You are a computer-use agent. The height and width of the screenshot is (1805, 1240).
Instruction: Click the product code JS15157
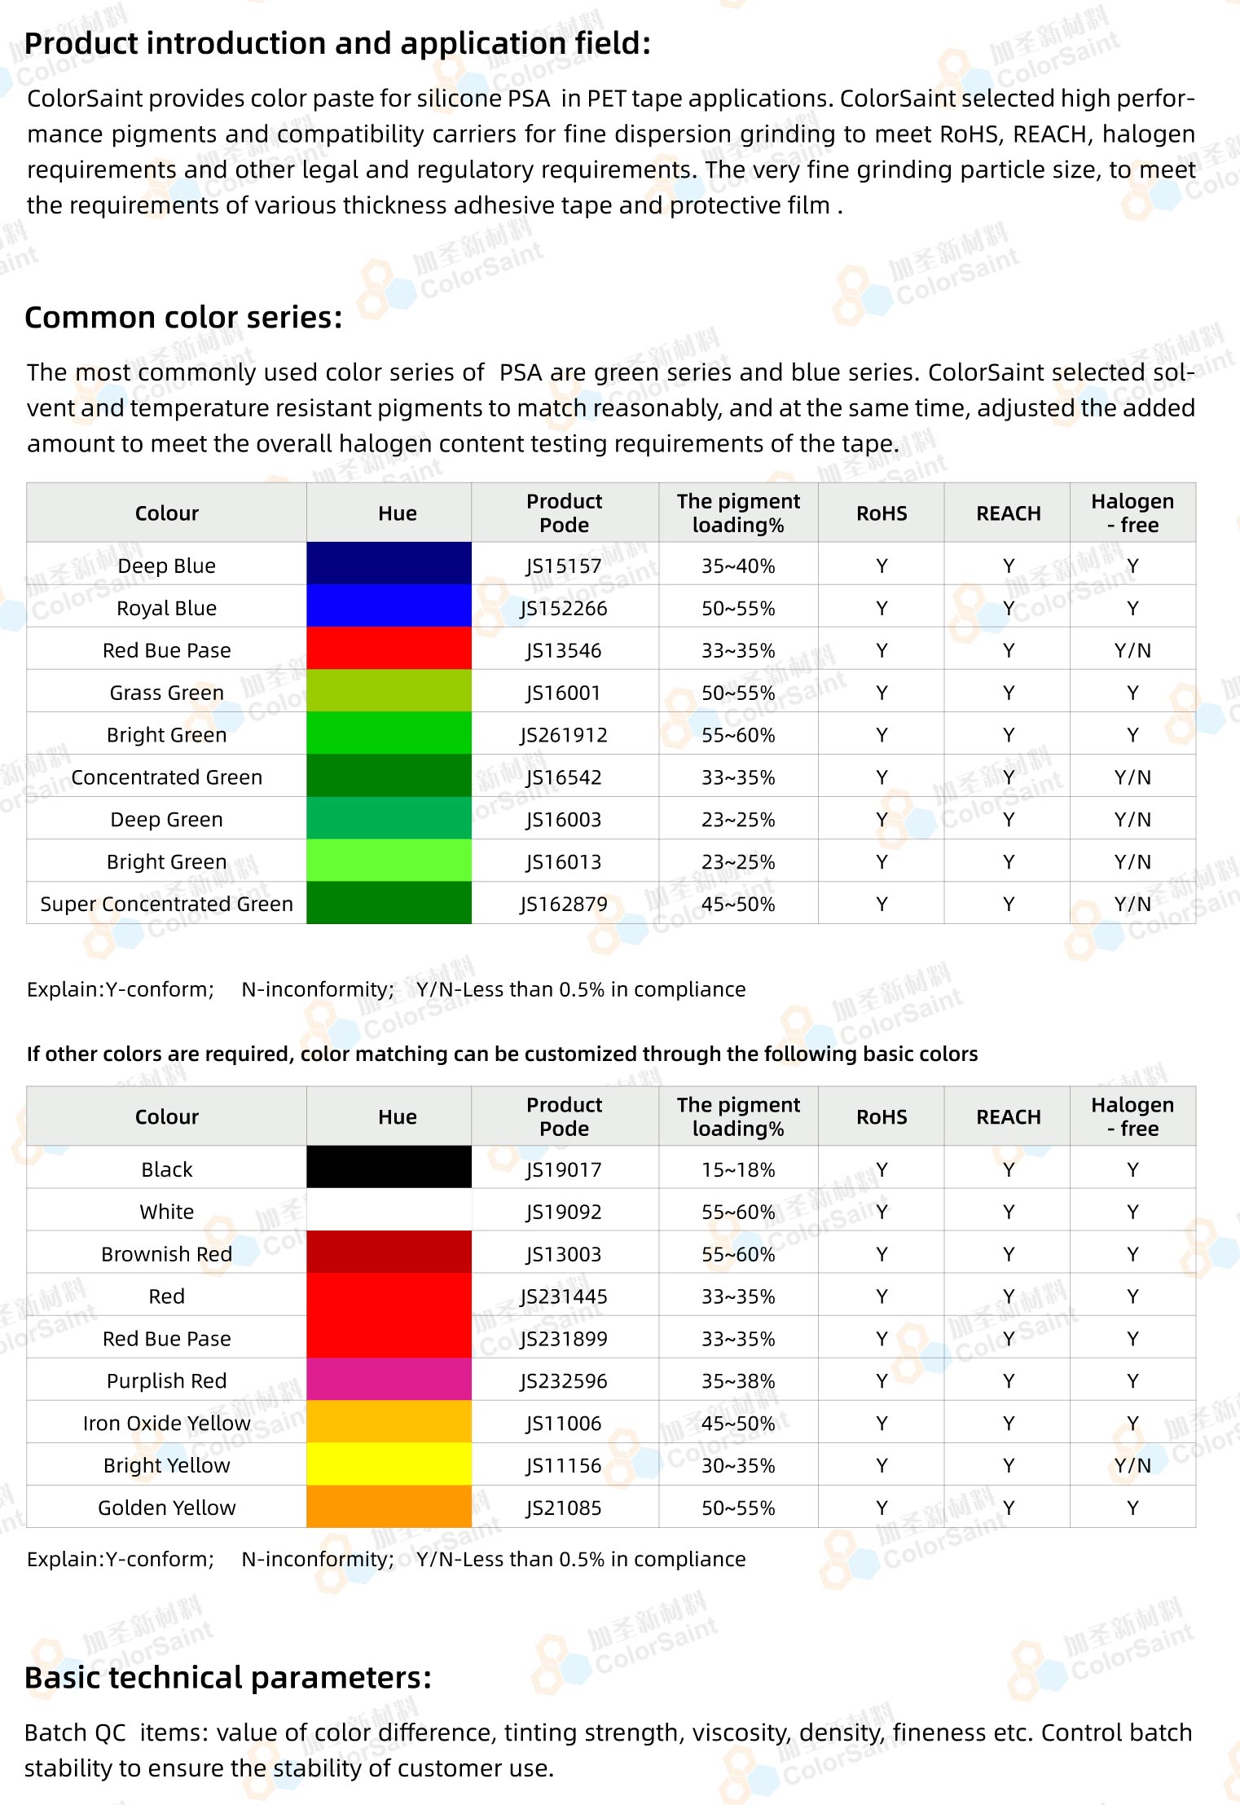pyautogui.click(x=564, y=566)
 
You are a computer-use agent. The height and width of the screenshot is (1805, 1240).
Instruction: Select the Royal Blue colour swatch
pyautogui.click(x=389, y=605)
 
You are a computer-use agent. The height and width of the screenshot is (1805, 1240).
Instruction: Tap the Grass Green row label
pyautogui.click(x=167, y=693)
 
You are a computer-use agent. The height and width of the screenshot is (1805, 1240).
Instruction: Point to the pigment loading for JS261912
pyautogui.click(x=738, y=735)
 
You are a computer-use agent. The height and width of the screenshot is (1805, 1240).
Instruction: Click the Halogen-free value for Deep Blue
pyautogui.click(x=1132, y=566)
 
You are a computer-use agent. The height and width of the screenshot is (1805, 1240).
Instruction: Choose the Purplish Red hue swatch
pyautogui.click(x=389, y=1379)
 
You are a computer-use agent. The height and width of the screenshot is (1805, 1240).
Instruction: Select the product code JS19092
pyautogui.click(x=564, y=1212)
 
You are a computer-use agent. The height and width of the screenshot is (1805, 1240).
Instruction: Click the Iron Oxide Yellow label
pyautogui.click(x=167, y=1423)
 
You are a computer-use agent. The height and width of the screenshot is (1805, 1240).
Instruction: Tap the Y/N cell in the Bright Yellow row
pyautogui.click(x=1132, y=1465)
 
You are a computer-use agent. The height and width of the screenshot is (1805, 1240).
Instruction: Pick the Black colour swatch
pyautogui.click(x=389, y=1167)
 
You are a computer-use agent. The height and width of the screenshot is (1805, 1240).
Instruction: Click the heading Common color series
pyautogui.click(x=184, y=317)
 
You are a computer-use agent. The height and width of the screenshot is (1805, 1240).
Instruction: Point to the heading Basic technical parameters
pyautogui.click(x=228, y=1678)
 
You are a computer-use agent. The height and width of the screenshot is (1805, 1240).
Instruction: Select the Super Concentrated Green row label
pyautogui.click(x=167, y=904)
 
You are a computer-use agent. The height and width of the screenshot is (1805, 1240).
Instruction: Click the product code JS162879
pyautogui.click(x=564, y=904)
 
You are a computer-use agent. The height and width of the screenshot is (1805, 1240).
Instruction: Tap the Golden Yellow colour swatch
pyautogui.click(x=389, y=1506)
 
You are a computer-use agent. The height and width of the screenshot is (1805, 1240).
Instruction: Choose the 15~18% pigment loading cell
pyautogui.click(x=738, y=1169)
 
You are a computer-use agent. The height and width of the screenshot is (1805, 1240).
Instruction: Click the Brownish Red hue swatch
pyautogui.click(x=389, y=1252)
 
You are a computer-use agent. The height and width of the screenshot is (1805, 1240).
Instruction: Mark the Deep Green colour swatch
pyautogui.click(x=389, y=817)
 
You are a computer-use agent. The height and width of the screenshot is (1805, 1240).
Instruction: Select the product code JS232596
pyautogui.click(x=564, y=1380)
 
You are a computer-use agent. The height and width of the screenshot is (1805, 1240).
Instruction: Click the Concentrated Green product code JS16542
pyautogui.click(x=564, y=777)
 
